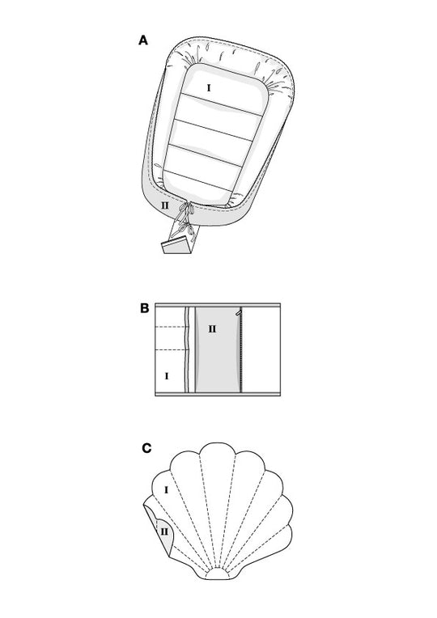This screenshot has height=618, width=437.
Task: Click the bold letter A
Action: (143, 40)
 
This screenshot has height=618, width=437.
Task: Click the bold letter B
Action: (145, 308)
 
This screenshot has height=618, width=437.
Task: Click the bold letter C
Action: (146, 448)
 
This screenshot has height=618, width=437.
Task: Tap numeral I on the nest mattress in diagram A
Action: (209, 88)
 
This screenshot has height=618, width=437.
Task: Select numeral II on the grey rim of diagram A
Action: (164, 205)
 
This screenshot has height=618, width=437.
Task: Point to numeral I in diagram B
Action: (167, 376)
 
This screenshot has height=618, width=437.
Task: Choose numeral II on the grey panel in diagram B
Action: (212, 328)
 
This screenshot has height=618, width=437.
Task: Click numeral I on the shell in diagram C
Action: (166, 490)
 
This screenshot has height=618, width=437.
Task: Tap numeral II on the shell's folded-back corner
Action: (164, 531)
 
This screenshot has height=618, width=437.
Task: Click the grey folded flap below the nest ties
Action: (176, 245)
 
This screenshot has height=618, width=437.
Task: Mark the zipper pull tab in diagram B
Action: (238, 312)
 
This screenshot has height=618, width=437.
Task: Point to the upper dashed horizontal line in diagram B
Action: (171, 327)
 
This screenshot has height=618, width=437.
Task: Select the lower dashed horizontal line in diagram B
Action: (171, 350)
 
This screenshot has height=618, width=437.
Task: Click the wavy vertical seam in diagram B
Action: (187, 349)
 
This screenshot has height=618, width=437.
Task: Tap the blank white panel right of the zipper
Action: (261, 349)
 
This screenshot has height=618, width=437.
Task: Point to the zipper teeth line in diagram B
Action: (240, 350)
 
